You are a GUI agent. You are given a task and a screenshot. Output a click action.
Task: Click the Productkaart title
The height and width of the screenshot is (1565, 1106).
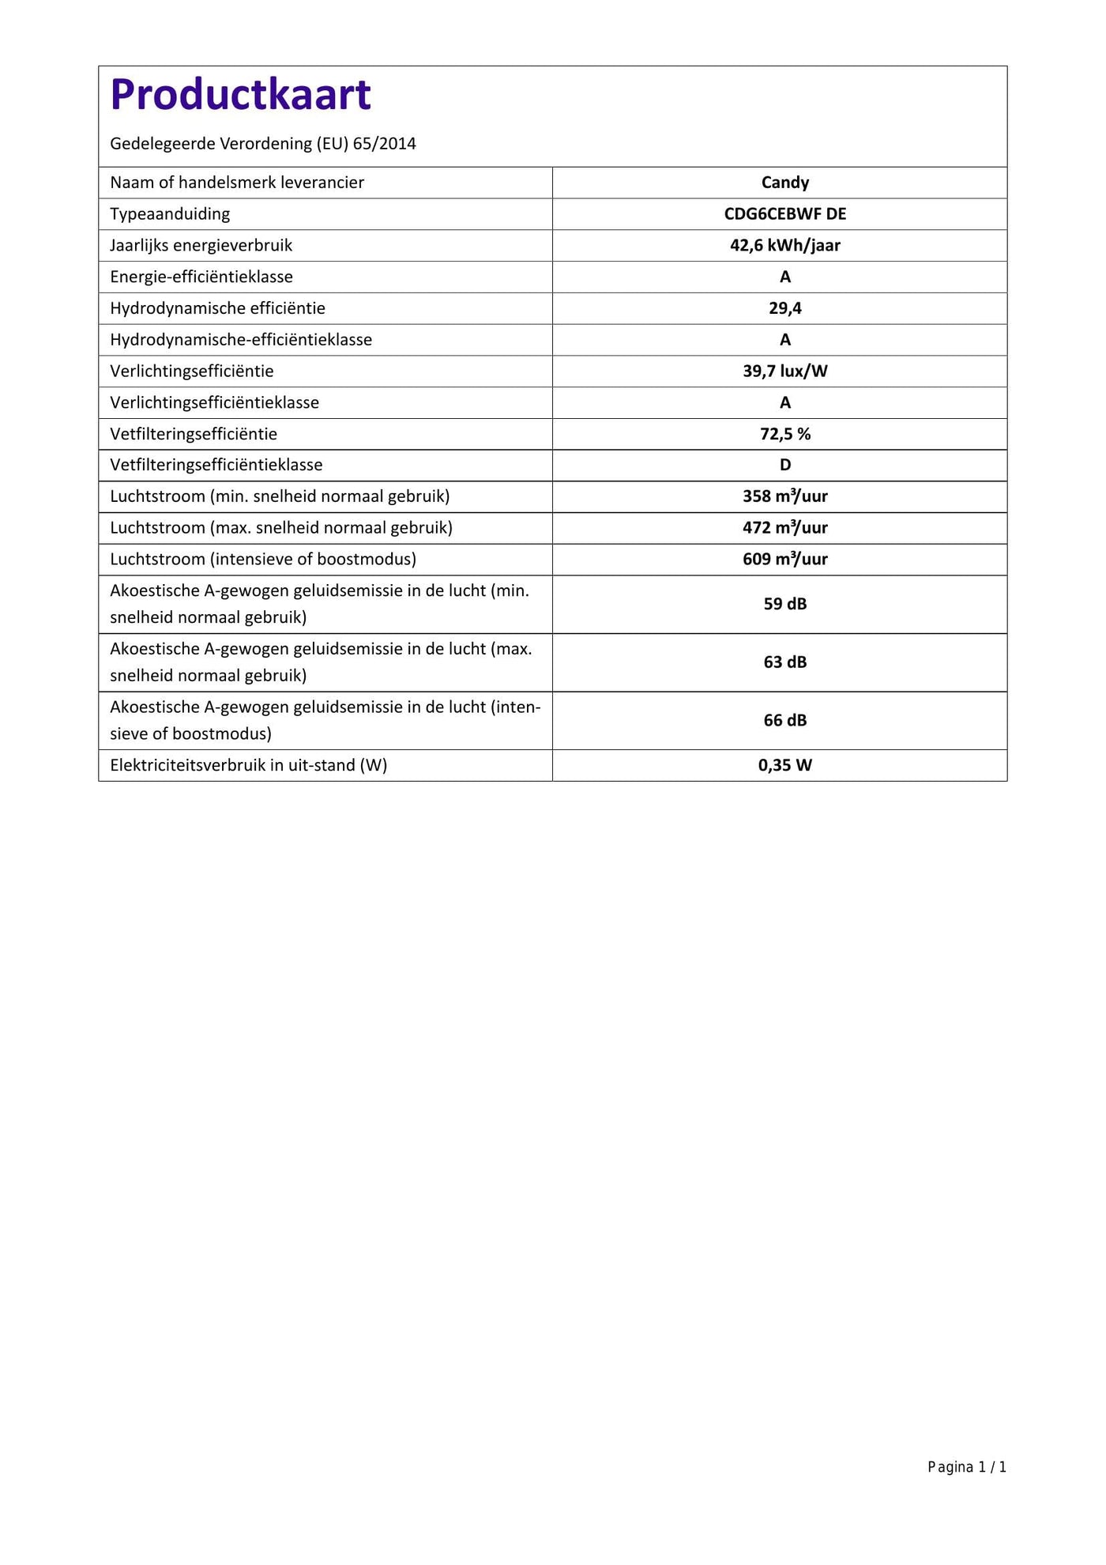point(240,95)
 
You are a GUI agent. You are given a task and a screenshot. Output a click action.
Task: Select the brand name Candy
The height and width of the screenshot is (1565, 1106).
point(784,183)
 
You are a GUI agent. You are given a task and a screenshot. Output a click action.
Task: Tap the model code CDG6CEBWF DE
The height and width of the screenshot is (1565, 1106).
point(784,214)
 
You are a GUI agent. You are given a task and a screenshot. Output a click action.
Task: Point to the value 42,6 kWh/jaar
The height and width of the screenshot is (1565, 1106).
point(784,246)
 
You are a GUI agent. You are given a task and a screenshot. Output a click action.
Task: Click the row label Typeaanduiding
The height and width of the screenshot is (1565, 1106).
point(170,214)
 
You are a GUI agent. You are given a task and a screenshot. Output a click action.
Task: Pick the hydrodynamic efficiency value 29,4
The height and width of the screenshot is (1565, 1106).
point(784,308)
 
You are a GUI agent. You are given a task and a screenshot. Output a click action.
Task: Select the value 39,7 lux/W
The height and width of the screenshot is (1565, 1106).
point(784,371)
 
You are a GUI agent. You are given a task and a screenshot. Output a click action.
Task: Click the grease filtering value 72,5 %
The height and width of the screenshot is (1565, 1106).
point(784,434)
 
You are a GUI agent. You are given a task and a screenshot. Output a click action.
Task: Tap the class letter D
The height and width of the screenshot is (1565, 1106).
point(784,466)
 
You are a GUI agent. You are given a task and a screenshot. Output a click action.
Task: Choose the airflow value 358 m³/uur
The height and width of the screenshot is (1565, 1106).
point(784,496)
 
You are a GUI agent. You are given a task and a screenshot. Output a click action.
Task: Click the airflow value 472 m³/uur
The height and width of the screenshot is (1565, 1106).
point(784,528)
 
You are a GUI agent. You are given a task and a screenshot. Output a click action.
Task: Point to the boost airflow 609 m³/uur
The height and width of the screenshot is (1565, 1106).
point(784,560)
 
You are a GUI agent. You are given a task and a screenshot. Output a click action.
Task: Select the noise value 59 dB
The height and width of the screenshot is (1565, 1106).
point(784,605)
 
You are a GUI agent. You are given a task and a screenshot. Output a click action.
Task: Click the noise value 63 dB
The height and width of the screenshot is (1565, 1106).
point(784,662)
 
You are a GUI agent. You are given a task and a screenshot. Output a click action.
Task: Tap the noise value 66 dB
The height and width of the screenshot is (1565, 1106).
point(784,721)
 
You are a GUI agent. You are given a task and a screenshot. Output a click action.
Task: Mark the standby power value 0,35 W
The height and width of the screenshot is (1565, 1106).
point(784,765)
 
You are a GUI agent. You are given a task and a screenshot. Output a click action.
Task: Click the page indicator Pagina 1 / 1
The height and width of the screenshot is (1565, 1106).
point(966,1468)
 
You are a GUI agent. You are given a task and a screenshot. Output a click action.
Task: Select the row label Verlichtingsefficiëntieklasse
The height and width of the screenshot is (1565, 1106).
point(214,403)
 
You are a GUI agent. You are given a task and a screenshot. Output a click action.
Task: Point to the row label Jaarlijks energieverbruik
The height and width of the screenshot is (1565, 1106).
point(201,246)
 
